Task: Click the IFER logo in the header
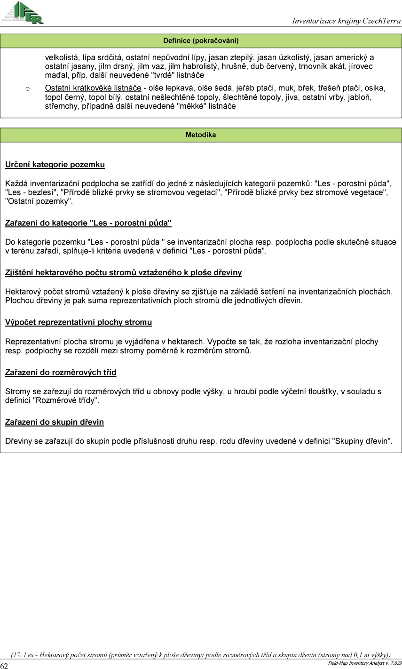click(x=23, y=13)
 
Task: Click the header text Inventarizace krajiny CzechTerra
click(x=346, y=21)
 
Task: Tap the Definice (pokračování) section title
click(x=201, y=40)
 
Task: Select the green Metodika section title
click(x=201, y=135)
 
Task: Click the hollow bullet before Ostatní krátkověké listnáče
click(x=28, y=88)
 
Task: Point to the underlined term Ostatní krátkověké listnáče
click(x=93, y=88)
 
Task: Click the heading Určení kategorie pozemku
click(x=55, y=165)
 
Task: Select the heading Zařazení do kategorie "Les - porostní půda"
click(x=88, y=223)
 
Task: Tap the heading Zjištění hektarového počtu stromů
click(x=123, y=273)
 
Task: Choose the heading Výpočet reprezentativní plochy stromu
click(x=79, y=323)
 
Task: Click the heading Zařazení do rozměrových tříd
click(x=61, y=373)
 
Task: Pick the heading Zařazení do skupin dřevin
click(x=55, y=422)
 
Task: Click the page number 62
click(x=4, y=666)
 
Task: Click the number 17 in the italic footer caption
click(x=17, y=655)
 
